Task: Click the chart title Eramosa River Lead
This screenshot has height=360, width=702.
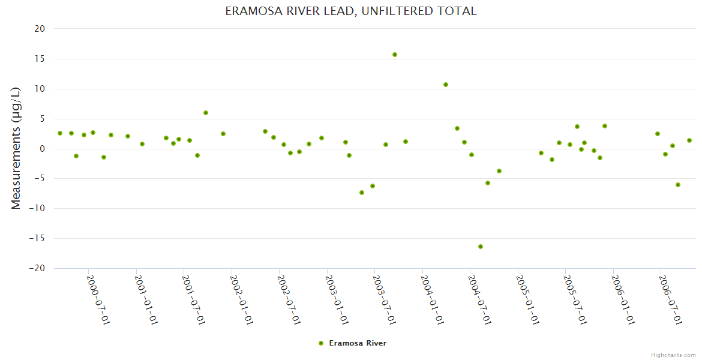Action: tap(351, 11)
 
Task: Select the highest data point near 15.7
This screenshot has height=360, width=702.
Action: tap(395, 55)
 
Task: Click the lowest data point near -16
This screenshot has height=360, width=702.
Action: tap(481, 247)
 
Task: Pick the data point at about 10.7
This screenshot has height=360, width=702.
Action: tap(446, 85)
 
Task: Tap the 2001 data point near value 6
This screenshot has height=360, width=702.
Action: tap(206, 113)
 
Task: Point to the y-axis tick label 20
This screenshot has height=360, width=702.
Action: tap(40, 29)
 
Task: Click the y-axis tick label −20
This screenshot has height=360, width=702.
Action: tap(37, 269)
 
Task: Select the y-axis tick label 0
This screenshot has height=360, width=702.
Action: tap(43, 149)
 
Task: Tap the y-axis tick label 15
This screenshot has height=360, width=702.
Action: tap(40, 59)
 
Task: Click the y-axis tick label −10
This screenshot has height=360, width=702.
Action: tap(37, 209)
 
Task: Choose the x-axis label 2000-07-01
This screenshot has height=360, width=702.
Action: tap(98, 299)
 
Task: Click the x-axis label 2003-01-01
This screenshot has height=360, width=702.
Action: tap(337, 299)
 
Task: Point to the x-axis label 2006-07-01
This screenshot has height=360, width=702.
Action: tap(670, 299)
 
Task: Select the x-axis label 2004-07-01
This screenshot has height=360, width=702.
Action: tap(479, 299)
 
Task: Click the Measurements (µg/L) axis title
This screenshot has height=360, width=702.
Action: tap(16, 148)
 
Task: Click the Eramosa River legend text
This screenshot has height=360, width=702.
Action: tap(358, 343)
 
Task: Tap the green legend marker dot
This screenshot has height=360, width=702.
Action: tap(321, 343)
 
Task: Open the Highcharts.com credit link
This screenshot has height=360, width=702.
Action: tap(673, 355)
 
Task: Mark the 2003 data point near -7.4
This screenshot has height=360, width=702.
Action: tap(362, 193)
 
